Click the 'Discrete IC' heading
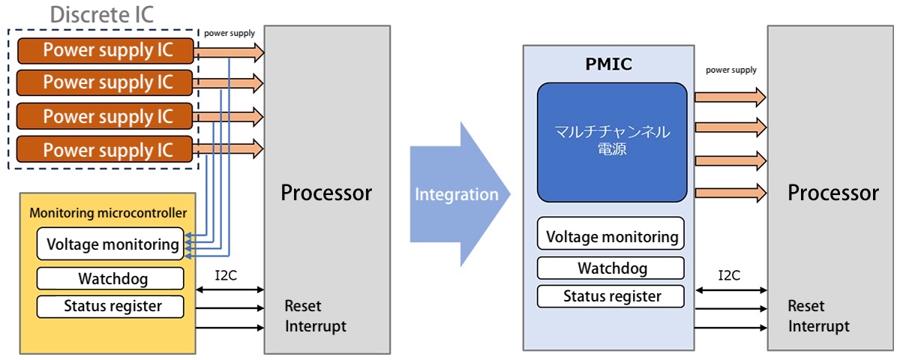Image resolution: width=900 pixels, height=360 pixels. click(102, 13)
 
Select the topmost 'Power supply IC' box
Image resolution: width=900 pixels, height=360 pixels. click(106, 50)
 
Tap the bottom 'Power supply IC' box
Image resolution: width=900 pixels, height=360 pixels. click(106, 149)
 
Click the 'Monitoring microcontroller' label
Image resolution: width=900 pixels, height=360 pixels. click(108, 213)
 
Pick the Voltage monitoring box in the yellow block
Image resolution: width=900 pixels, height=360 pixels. click(111, 244)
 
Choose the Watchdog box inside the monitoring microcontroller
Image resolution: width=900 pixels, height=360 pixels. click(111, 279)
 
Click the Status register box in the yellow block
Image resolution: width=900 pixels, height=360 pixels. click(111, 306)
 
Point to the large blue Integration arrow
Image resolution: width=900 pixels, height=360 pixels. click(457, 194)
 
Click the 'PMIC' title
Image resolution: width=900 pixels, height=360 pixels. click(609, 64)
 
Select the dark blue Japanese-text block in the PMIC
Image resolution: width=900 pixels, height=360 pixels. click(611, 142)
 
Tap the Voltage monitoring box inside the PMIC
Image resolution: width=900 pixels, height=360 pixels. click(611, 236)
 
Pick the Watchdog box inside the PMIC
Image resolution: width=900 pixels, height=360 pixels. click(611, 268)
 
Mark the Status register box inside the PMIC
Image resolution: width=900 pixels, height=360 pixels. click(611, 296)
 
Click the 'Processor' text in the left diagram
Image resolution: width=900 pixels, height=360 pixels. click(326, 193)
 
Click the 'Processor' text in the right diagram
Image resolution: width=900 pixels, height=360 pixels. click(832, 193)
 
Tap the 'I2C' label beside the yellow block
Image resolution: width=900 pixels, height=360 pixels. click(226, 275)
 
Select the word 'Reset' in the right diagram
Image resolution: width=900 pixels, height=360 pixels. click(806, 306)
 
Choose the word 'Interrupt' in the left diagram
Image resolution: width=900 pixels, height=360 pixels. click(316, 326)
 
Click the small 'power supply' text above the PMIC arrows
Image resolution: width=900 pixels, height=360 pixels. click(731, 70)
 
